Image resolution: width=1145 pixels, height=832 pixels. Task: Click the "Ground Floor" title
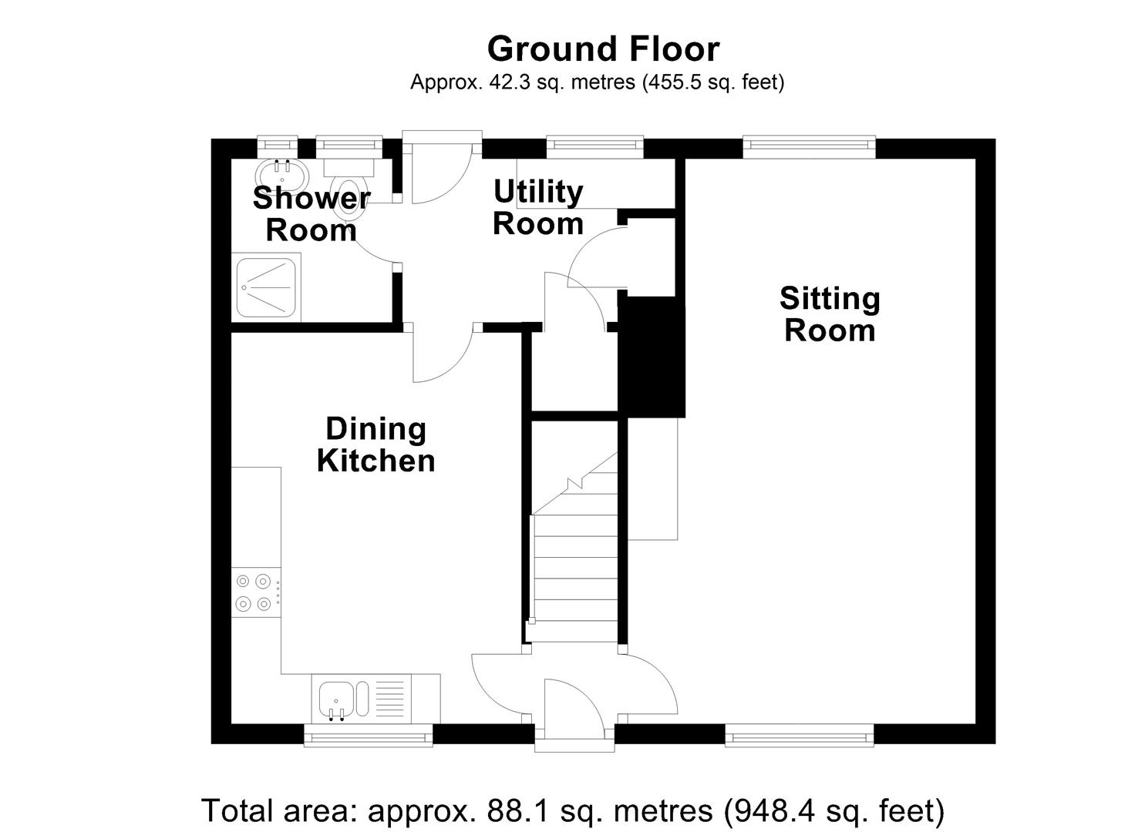pyautogui.click(x=603, y=49)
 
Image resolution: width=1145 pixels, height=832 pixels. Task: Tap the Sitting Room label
pyautogui.click(x=830, y=314)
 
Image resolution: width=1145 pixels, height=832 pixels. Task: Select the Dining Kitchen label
pyautogui.click(x=375, y=445)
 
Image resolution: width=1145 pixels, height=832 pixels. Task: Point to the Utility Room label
pyautogui.click(x=537, y=207)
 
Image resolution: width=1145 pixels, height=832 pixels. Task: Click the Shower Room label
pyautogui.click(x=312, y=214)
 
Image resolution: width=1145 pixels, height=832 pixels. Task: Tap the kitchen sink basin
pyautogui.click(x=335, y=699)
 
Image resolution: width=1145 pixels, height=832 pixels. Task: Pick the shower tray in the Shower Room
pyautogui.click(x=266, y=287)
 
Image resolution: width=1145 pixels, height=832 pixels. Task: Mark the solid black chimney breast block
pyautogui.click(x=652, y=357)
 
